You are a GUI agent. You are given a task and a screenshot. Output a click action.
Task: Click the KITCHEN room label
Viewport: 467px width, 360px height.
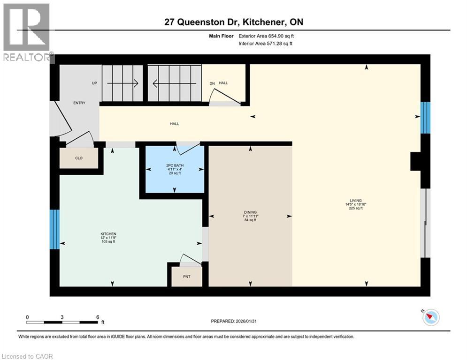108,234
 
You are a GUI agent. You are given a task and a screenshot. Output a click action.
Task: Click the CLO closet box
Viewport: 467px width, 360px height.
79,158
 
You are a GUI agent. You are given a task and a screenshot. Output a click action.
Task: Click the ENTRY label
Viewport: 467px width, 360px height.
79,103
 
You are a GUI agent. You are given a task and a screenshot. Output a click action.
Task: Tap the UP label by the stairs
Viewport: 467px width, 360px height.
94,83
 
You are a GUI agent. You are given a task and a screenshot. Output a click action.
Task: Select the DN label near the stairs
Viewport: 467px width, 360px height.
212,83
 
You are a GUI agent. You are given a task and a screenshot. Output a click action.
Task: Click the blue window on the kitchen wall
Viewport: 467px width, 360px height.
55,229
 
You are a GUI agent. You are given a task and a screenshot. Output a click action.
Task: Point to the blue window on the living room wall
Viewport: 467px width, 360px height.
425,118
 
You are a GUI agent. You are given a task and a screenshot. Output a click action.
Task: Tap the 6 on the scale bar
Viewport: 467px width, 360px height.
97,317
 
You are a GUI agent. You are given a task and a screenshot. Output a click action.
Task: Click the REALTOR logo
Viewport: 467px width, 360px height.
27,33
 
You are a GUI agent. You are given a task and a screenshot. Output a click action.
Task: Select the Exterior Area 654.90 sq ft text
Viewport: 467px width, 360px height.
267,35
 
